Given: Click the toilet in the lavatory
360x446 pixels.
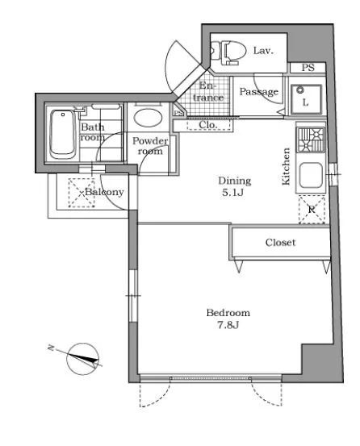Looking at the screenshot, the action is click(x=228, y=52).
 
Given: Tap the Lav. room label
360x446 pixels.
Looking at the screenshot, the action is click(x=263, y=51).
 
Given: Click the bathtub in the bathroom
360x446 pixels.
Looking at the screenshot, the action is click(x=63, y=134).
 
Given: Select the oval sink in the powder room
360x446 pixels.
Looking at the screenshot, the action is click(x=148, y=118).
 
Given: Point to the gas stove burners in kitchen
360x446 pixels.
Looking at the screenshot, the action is click(x=311, y=140).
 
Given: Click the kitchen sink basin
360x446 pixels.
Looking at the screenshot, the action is click(x=311, y=175).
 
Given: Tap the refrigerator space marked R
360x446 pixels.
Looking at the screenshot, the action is click(x=312, y=210).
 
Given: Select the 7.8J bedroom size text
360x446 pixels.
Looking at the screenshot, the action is click(x=228, y=325).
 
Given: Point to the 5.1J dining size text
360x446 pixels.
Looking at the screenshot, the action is click(x=232, y=193).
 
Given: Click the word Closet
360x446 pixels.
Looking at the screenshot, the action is click(x=280, y=242).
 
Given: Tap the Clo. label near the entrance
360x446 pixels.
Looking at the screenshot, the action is click(x=208, y=124).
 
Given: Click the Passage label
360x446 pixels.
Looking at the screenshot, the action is click(x=258, y=92).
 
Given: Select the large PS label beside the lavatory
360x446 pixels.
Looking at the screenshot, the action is click(x=308, y=68).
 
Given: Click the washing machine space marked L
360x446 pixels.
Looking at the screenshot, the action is click(x=306, y=99).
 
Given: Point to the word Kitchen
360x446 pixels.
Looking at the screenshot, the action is click(x=286, y=166).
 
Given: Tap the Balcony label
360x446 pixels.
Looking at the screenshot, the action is click(x=104, y=192).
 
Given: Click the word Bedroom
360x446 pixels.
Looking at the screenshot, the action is click(x=228, y=313).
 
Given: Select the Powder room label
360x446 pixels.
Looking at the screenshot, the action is click(x=150, y=146).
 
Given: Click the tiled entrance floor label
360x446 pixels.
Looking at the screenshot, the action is click(x=207, y=91).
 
